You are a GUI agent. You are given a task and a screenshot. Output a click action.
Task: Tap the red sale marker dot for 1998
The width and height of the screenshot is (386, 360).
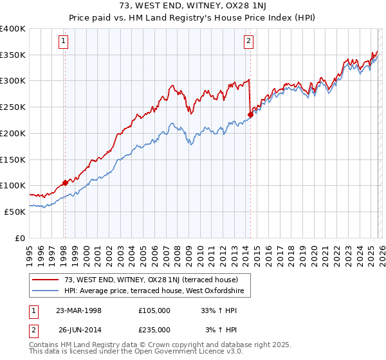click(65, 183)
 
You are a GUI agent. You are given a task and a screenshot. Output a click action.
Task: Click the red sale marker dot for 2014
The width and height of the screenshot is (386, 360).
click(250, 115)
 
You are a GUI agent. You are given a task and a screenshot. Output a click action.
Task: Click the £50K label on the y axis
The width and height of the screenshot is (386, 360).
click(15, 212)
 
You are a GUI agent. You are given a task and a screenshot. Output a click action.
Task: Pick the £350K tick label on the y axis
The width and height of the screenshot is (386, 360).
click(13, 55)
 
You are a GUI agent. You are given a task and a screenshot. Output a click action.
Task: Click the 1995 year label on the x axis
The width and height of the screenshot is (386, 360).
click(30, 253)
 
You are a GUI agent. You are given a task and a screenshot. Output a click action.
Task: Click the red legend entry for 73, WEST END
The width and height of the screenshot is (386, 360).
click(151, 280)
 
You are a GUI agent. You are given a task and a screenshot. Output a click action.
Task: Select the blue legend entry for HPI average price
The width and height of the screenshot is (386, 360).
click(158, 291)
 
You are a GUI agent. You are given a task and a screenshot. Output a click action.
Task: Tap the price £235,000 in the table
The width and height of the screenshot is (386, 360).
click(154, 330)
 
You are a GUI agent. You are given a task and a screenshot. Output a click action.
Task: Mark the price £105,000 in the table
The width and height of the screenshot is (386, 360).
click(154, 310)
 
